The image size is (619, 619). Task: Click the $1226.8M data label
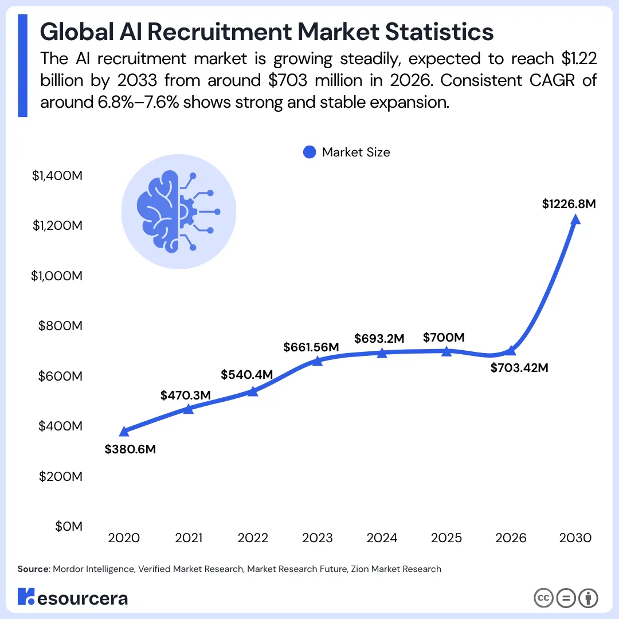(x=569, y=203)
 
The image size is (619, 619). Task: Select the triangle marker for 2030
(x=575, y=220)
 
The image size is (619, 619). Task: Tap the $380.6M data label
(x=130, y=449)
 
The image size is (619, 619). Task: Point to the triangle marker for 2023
(x=318, y=361)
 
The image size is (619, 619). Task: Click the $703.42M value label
(x=519, y=368)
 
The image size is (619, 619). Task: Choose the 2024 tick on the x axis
(x=382, y=538)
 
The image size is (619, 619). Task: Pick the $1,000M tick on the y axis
(x=57, y=276)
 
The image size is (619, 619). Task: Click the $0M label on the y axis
(x=69, y=526)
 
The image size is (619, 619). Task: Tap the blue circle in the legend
(x=309, y=152)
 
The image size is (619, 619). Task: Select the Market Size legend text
(x=356, y=152)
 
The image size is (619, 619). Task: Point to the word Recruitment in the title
(x=229, y=32)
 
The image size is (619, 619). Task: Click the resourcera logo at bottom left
(x=73, y=598)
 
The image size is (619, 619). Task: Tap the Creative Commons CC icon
(x=543, y=598)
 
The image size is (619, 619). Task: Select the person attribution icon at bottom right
(x=587, y=598)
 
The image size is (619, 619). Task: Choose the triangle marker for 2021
(x=188, y=409)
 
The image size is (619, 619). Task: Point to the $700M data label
(x=443, y=338)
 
